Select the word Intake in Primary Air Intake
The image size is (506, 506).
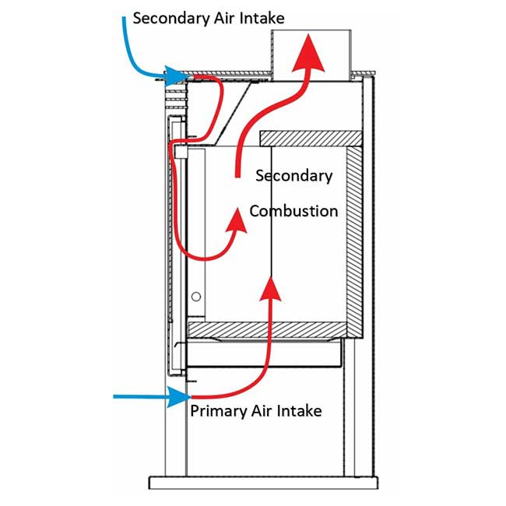click(299, 410)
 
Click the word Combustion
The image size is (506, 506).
click(293, 211)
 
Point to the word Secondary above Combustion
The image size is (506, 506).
click(294, 175)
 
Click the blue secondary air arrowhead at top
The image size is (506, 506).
click(180, 76)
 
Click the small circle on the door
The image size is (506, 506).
click(198, 296)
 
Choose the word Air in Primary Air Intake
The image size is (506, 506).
click(259, 410)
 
